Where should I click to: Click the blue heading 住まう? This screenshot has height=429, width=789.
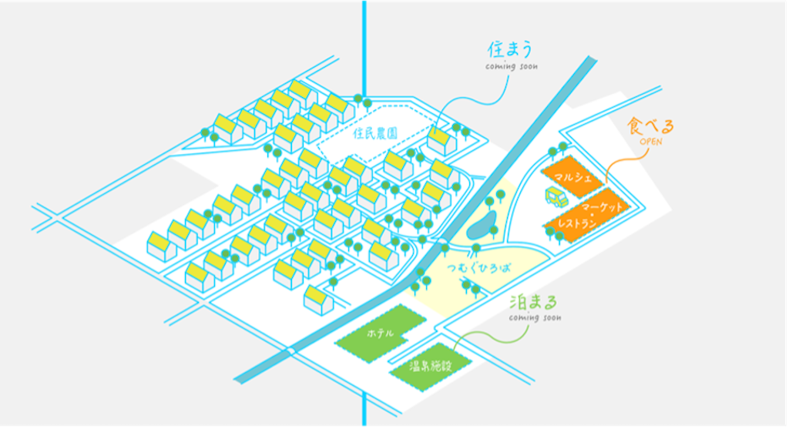(510, 49)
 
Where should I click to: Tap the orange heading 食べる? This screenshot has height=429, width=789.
(650, 126)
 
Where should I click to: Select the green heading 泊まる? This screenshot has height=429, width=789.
(533, 302)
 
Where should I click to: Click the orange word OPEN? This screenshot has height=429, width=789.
(650, 142)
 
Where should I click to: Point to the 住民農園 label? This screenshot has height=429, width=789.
(375, 133)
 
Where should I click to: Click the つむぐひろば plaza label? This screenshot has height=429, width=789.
(478, 267)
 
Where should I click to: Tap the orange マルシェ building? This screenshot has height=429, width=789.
(572, 177)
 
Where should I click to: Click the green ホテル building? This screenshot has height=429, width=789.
(381, 333)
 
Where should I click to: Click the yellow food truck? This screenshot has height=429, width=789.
(556, 196)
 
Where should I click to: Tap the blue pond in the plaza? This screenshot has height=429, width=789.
(482, 225)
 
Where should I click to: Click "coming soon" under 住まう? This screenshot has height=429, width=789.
(512, 66)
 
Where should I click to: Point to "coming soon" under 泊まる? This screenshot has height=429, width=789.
(535, 318)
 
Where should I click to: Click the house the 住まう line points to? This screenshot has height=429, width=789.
(442, 141)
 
